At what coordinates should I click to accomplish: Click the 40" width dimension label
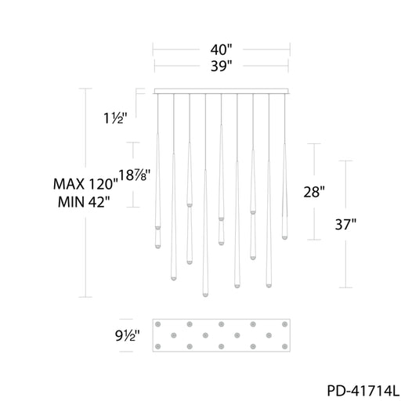click(x=221, y=49)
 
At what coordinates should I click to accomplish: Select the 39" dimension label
click(x=222, y=66)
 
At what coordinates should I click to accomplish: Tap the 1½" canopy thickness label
click(x=115, y=118)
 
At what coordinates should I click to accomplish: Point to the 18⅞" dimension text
click(x=135, y=175)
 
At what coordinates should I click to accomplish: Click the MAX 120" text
click(x=85, y=184)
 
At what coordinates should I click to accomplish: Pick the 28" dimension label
click(x=314, y=192)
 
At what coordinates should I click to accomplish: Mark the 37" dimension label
click(x=345, y=224)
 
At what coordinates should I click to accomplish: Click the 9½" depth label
click(x=128, y=335)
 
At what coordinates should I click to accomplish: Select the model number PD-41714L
click(x=363, y=391)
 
